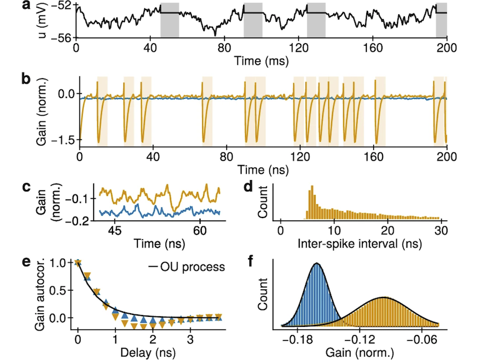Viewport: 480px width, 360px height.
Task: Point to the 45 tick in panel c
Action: [114, 230]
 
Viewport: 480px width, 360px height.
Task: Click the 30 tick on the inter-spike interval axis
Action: [441, 231]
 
